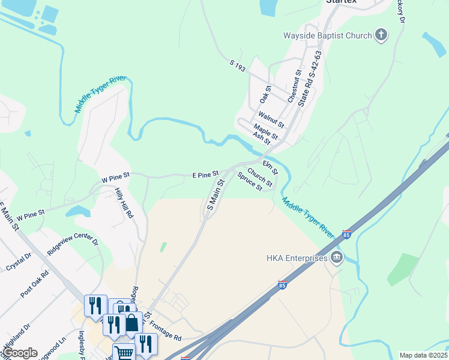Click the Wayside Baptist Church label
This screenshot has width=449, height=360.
(x=338, y=35)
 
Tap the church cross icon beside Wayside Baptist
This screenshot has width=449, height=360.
(x=381, y=35)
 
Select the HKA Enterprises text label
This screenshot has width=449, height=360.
(x=297, y=258)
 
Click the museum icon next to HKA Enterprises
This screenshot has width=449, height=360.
(x=336, y=258)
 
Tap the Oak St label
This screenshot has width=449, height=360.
(x=265, y=94)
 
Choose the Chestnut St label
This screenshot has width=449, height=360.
(x=294, y=86)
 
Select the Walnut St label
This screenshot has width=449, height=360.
(x=271, y=117)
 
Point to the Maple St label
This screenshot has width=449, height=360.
(x=265, y=131)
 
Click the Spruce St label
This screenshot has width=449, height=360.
(x=250, y=182)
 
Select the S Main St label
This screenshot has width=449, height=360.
(x=215, y=194)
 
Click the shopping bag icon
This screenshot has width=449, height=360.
(x=131, y=323)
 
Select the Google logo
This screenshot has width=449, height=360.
(x=20, y=353)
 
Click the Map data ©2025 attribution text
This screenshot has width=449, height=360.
(x=423, y=355)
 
